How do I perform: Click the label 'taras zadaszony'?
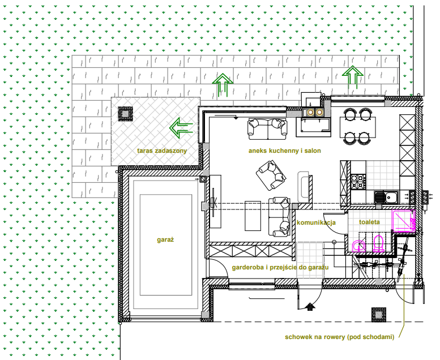(162, 151)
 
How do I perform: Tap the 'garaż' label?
(165, 239)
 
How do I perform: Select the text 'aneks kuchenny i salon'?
(284, 151)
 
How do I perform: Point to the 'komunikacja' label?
(316, 223)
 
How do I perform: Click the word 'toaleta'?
(369, 222)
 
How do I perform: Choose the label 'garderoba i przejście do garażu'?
(280, 267)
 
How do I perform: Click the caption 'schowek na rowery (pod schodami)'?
(340, 337)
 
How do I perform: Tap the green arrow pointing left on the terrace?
(181, 128)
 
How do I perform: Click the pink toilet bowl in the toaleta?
(378, 243)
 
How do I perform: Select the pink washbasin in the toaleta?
(358, 246)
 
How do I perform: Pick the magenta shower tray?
(404, 221)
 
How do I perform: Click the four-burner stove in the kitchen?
(358, 181)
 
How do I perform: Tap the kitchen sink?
(386, 196)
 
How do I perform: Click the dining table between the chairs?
(357, 127)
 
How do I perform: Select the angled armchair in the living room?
(271, 175)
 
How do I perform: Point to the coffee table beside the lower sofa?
(253, 216)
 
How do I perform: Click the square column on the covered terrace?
(125, 114)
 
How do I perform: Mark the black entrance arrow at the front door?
(310, 307)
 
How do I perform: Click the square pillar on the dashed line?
(378, 315)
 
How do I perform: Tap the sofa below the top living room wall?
(267, 129)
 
